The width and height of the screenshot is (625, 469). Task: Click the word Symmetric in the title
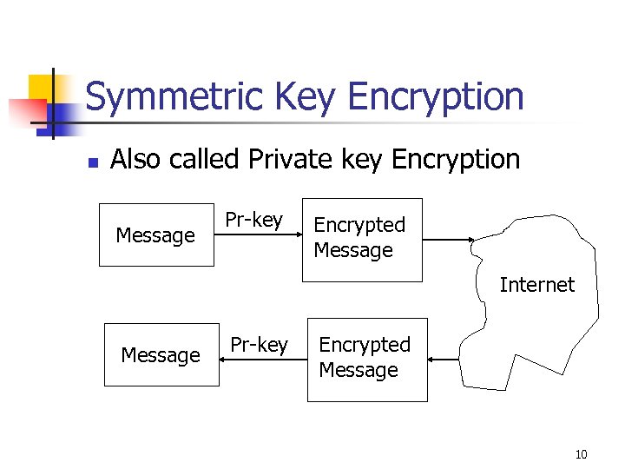point(177,96)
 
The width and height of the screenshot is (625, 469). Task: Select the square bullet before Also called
point(94,162)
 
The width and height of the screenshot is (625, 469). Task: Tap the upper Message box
point(156,234)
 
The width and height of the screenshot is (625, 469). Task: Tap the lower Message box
point(161,354)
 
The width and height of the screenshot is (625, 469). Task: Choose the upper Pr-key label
point(254,221)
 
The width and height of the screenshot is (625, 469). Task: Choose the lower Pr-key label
point(259,345)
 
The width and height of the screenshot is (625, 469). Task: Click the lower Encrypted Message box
point(366,358)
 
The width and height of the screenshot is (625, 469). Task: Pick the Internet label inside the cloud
point(536,284)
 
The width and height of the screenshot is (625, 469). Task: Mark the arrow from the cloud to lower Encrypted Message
point(444,359)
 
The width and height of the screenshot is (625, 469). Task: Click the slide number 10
point(581,453)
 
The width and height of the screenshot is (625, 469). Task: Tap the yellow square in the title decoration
point(40,87)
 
